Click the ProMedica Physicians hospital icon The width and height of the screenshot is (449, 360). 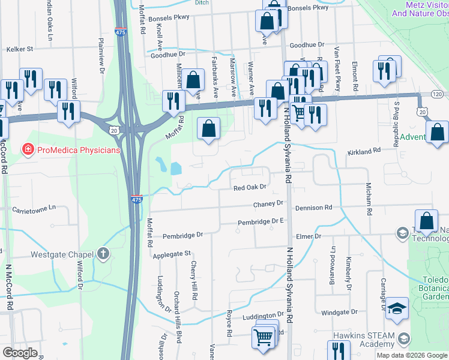point(27,149)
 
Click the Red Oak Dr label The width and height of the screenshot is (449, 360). point(249,188)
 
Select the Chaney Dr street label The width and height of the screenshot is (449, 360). point(268,203)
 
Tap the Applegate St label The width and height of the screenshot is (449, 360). point(171,254)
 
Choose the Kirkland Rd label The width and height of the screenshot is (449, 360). point(364,153)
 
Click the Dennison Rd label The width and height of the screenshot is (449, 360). point(313,208)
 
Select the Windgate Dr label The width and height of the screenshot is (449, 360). point(339,312)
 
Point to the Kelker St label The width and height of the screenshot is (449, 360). point(19,49)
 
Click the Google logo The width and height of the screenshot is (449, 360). point(20,353)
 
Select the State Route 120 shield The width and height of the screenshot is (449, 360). point(437,95)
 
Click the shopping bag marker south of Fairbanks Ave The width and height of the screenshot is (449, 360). point(208,128)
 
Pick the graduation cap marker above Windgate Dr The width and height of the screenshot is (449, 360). point(397,308)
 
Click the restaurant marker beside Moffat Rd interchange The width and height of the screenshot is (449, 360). point(173,101)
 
